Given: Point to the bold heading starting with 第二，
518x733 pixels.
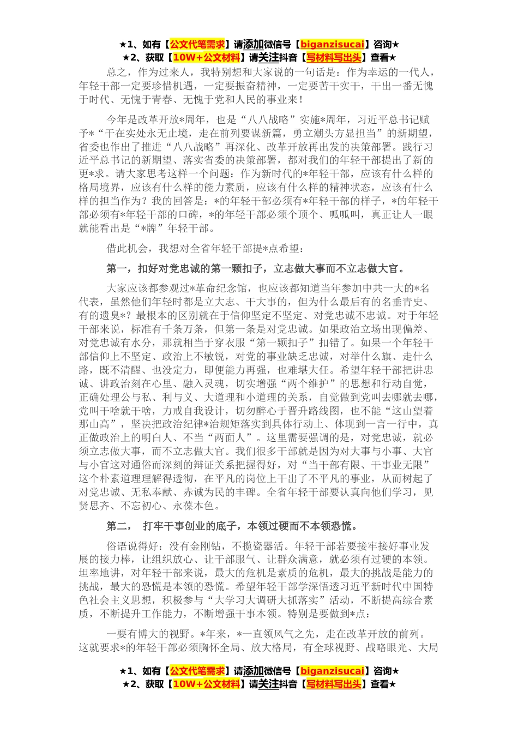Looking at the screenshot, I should pos(232,526).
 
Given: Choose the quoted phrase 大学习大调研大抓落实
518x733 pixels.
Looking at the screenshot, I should pos(277,600).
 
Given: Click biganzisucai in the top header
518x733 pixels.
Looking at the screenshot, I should pos(332,44).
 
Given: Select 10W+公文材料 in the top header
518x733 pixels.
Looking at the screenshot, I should pos(206,57).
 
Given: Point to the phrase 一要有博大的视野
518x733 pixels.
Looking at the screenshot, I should pos(148,634).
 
